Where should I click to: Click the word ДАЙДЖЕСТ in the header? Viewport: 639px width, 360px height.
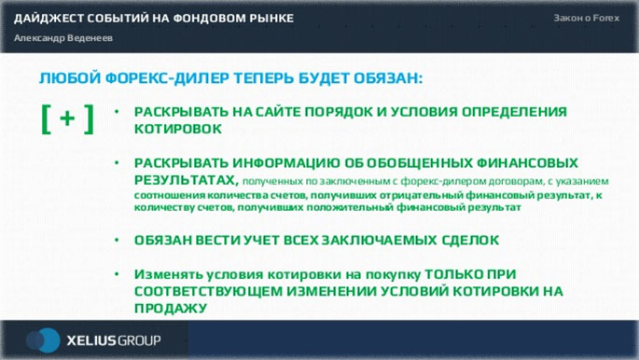tap(45, 19)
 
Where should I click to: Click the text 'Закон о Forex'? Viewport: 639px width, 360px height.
tap(586, 19)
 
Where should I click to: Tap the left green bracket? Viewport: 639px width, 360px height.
tap(45, 118)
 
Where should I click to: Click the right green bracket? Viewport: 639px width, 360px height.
tap(89, 118)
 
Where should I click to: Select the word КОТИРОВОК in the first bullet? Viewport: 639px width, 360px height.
tap(178, 129)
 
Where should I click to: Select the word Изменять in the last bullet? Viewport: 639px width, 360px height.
tap(169, 275)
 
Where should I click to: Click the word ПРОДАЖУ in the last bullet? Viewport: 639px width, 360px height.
tap(170, 308)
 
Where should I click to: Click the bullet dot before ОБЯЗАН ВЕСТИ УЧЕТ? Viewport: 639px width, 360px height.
tap(116, 240)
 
